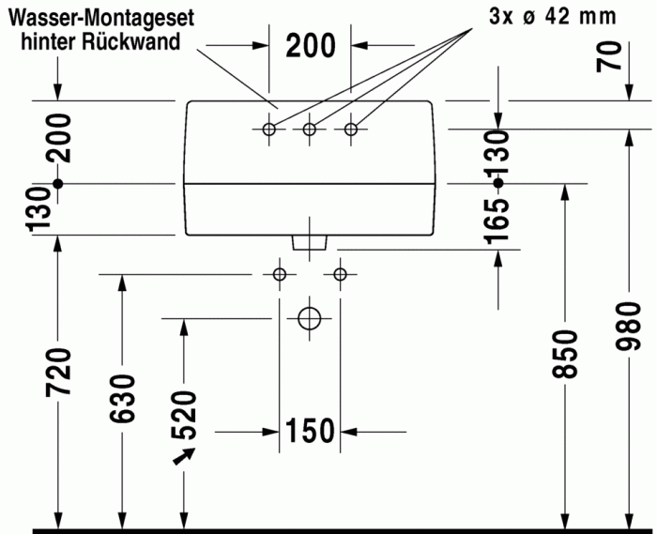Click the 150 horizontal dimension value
[310, 431]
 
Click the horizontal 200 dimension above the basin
[310, 45]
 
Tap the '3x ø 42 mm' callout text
[553, 16]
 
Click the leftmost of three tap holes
[269, 129]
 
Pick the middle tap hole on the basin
[310, 129]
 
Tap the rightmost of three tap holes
[351, 129]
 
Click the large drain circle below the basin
[310, 318]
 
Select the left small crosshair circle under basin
[279, 274]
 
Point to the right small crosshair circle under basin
[340, 274]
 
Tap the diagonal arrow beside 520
[183, 456]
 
